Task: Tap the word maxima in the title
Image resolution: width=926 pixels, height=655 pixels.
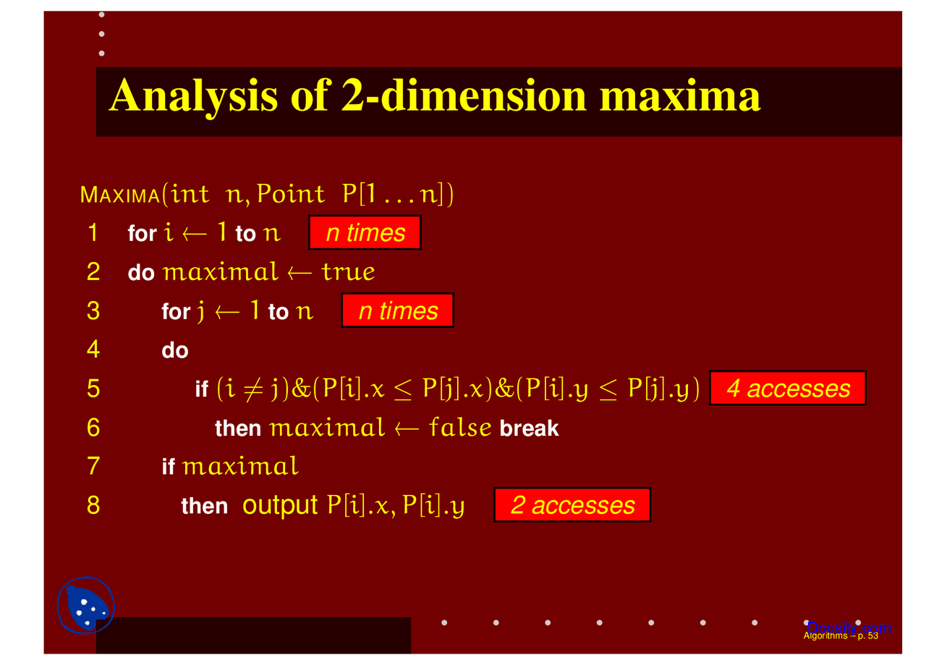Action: (679, 96)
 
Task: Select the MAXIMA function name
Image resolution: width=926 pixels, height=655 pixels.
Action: (120, 195)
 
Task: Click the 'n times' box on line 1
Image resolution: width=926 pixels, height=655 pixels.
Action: (365, 232)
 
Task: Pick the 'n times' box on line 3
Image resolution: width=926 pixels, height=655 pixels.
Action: (398, 310)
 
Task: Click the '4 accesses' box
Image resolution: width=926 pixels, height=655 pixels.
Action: (788, 388)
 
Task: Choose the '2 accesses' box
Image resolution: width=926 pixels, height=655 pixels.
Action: (572, 505)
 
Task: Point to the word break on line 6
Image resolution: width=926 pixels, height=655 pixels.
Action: (529, 428)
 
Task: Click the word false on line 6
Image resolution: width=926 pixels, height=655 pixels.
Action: (460, 427)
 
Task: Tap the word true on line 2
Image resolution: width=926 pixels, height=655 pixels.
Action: (349, 272)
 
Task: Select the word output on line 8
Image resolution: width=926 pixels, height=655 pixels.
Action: (280, 506)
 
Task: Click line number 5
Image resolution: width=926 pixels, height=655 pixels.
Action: (93, 389)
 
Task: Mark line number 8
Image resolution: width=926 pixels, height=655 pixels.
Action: (93, 505)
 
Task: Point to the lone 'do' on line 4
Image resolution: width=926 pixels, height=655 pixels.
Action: (175, 350)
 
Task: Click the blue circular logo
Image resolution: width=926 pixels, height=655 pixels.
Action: (86, 605)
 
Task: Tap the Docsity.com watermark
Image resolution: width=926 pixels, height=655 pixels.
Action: (849, 628)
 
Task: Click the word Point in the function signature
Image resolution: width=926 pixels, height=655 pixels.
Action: (291, 193)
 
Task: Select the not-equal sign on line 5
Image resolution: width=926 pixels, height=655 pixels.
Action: (253, 390)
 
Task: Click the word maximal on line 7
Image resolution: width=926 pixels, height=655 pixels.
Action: (240, 466)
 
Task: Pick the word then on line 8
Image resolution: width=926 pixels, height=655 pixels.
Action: (204, 506)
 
